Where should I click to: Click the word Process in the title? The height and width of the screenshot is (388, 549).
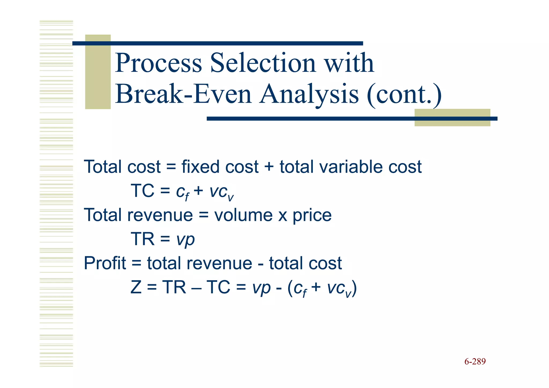tap(158, 63)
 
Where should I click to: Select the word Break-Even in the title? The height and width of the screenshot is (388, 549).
tap(184, 94)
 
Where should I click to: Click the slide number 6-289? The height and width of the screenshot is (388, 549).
tap(475, 362)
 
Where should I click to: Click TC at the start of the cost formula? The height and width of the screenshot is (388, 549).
tap(142, 191)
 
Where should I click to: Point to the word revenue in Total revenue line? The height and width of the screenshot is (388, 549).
tap(160, 215)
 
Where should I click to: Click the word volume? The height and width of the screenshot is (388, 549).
tap(243, 215)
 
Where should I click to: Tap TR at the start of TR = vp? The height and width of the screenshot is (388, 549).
tap(142, 239)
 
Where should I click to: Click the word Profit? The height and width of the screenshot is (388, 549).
tap(105, 263)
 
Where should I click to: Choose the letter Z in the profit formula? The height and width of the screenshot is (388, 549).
tap(136, 287)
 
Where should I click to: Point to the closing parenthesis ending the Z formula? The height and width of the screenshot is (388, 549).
tap(354, 288)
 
